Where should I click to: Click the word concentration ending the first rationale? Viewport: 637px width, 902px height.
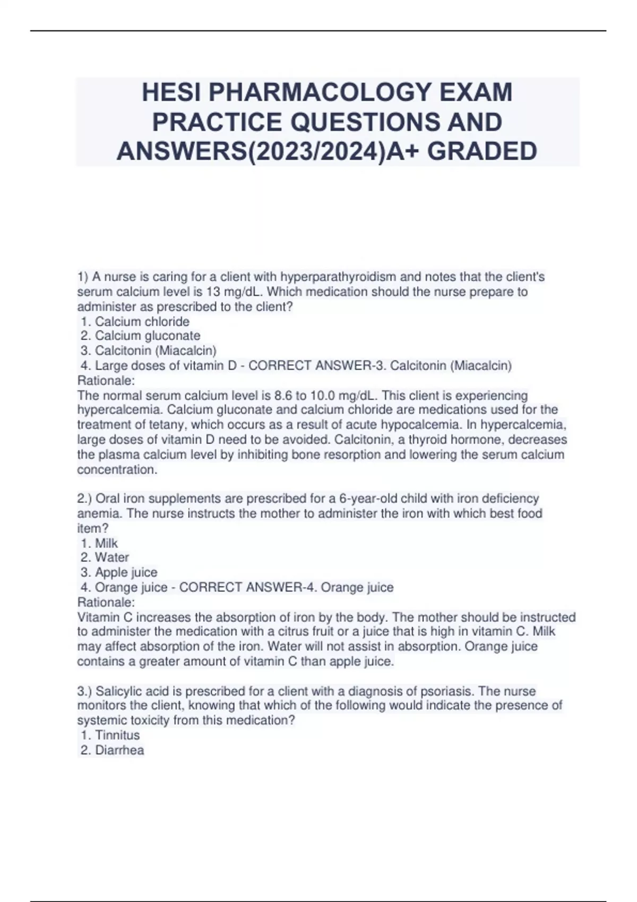point(116,470)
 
